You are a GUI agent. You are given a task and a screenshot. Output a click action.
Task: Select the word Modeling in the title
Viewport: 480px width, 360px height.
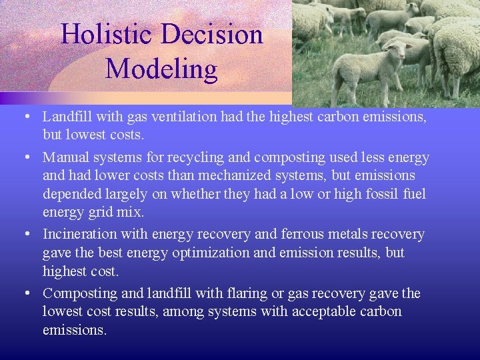[x=161, y=69]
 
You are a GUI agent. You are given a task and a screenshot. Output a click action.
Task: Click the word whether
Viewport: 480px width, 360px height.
[x=195, y=194]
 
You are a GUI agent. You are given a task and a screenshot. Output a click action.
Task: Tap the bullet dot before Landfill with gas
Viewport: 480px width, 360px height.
[x=24, y=117]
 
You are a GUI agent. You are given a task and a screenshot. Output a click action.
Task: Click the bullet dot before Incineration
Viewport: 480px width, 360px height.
[x=24, y=235]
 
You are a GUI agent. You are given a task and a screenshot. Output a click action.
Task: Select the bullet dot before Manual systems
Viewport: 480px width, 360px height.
[x=24, y=158]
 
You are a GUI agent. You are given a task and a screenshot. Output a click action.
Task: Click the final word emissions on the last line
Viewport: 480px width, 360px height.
[x=73, y=330]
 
